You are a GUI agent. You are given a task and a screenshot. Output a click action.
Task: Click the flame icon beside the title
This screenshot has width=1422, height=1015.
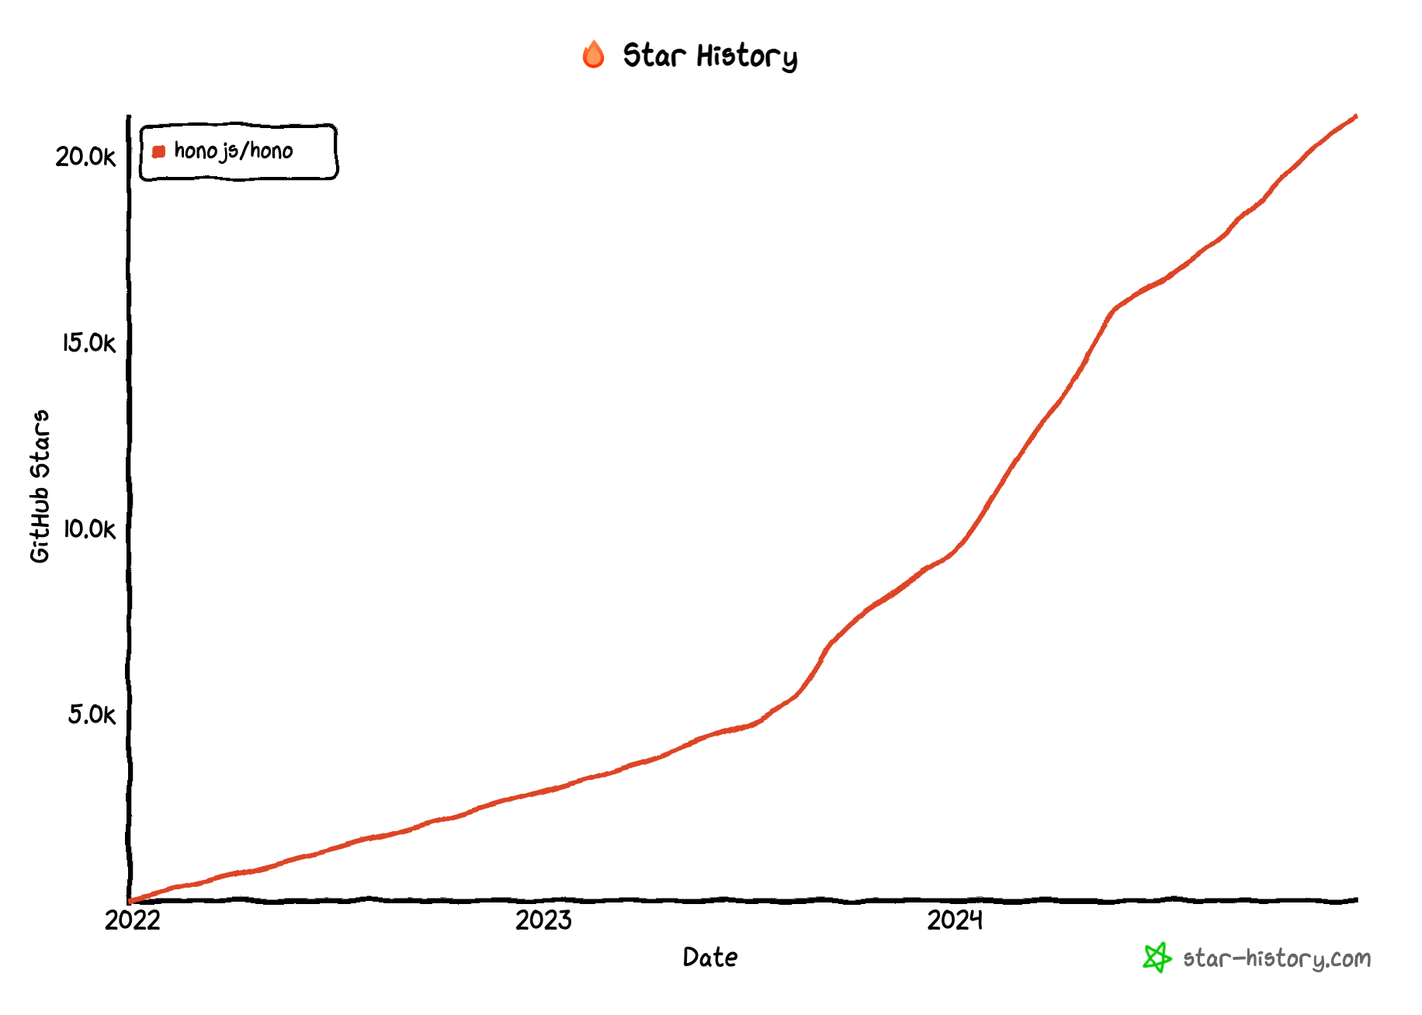(593, 55)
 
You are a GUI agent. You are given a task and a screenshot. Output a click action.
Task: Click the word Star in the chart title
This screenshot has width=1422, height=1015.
(654, 56)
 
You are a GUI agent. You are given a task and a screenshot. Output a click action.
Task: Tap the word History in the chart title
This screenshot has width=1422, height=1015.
(746, 57)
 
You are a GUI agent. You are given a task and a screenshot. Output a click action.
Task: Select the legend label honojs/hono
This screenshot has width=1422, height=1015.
(233, 151)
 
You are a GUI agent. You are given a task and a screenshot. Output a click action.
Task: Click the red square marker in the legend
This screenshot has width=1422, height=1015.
(159, 151)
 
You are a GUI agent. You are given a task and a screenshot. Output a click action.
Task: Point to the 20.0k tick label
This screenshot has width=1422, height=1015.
(85, 157)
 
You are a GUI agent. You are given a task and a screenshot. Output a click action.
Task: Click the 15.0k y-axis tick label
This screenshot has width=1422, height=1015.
(88, 343)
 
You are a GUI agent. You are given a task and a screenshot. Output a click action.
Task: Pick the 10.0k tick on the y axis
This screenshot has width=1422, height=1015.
(88, 529)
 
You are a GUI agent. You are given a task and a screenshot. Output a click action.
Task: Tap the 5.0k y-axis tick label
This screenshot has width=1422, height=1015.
(91, 715)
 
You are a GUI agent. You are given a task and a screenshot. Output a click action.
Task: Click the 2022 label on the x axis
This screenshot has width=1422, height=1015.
(132, 920)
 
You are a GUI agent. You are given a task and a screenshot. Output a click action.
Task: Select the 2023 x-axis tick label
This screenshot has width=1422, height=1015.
(543, 920)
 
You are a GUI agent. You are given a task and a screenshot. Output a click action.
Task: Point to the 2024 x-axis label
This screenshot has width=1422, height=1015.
(955, 920)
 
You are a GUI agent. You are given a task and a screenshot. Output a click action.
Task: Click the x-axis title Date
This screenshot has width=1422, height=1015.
(709, 958)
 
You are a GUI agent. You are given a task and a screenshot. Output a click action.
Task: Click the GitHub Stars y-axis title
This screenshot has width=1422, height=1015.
(40, 487)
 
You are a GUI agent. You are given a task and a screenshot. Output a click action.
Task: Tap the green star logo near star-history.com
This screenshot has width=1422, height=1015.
(1157, 958)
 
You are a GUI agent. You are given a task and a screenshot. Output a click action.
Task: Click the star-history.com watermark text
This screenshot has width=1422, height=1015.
(1276, 959)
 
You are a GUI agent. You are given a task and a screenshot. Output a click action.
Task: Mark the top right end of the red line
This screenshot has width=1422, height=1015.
(1355, 117)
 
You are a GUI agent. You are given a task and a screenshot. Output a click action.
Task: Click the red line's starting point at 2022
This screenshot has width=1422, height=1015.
(130, 901)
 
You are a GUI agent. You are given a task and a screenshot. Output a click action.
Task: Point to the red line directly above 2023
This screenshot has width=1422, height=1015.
(543, 792)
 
